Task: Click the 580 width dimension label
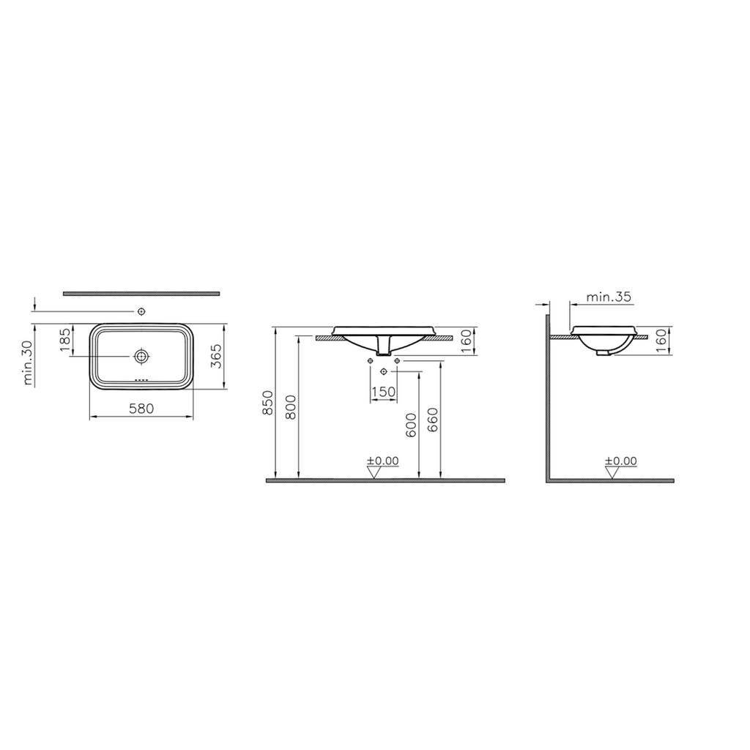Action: point(141,409)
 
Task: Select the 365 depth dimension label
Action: point(217,356)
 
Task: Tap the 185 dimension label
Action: point(65,339)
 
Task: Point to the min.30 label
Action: point(29,362)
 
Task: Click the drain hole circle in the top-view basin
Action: point(142,356)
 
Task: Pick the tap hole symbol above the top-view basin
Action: point(141,311)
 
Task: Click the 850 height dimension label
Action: point(268,402)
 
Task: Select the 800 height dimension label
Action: point(291,406)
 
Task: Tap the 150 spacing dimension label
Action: point(384,392)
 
